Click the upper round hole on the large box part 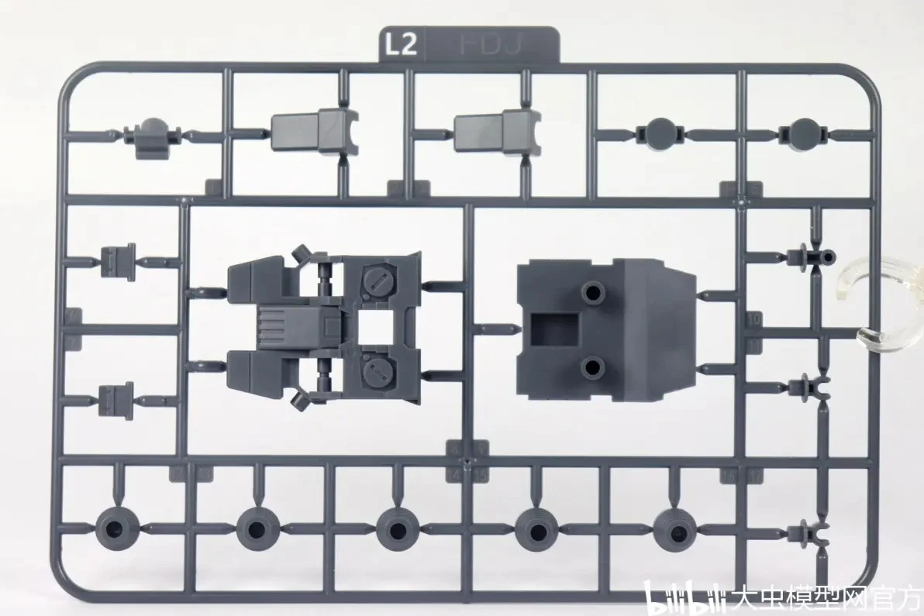pos(593,293)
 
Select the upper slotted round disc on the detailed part pos(377,283)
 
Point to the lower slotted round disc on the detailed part pos(377,370)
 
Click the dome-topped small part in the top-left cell pos(153,137)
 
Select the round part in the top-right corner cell pos(804,133)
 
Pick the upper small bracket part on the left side pos(119,262)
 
